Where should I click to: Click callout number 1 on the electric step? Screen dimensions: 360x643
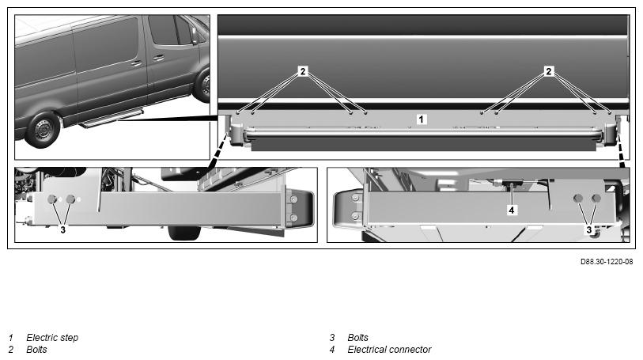(422, 119)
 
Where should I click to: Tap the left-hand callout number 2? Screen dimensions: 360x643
(303, 71)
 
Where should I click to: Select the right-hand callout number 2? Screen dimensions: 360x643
(548, 71)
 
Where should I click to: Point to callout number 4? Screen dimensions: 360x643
(513, 210)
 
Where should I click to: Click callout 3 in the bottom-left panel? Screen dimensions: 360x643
(62, 230)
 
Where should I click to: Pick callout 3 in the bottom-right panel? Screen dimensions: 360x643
(589, 229)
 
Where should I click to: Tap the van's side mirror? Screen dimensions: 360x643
(193, 35)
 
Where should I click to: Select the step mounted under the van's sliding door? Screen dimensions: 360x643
(111, 119)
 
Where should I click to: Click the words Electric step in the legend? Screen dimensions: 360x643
(52, 338)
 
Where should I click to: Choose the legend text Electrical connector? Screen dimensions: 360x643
(389, 349)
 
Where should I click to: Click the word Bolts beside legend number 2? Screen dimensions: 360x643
(36, 349)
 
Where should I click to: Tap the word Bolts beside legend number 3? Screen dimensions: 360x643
(357, 338)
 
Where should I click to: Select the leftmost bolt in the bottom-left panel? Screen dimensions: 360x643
(52, 199)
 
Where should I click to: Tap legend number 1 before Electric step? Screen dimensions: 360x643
(11, 338)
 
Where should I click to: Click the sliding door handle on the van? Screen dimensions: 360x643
(138, 63)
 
